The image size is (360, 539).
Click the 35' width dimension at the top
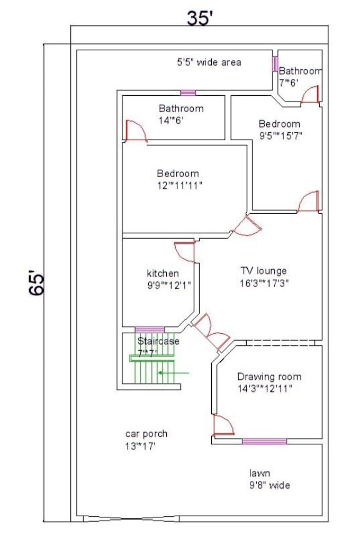[200, 19]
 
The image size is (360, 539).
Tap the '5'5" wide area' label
[209, 62]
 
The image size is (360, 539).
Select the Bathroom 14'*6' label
[181, 114]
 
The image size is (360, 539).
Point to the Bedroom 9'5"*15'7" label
[280, 129]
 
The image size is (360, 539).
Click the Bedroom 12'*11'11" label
[178, 179]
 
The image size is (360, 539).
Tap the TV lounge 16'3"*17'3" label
[263, 277]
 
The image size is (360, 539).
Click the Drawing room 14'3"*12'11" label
[268, 382]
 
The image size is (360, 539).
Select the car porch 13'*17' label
[146, 440]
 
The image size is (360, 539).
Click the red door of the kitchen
[186, 251]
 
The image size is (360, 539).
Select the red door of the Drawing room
[222, 425]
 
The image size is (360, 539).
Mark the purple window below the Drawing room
[264, 441]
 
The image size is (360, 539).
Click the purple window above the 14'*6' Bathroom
[188, 93]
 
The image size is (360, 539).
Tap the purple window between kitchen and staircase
[149, 330]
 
